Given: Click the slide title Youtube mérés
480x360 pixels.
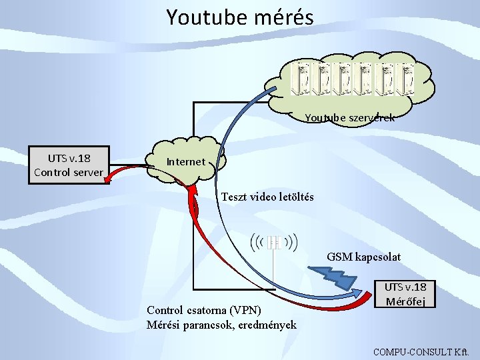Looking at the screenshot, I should [239, 17].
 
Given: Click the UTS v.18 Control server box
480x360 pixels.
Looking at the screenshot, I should [69, 165].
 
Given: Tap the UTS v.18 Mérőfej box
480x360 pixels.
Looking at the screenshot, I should [405, 294].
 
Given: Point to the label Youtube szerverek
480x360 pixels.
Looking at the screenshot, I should [349, 118].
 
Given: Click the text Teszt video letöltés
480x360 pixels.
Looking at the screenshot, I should [267, 197].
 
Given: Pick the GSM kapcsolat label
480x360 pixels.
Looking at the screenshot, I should [364, 257].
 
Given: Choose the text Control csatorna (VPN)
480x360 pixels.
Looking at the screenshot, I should [204, 310].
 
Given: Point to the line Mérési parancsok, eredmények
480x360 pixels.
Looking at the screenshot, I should [221, 325].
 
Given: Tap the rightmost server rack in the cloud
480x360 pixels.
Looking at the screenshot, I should [407, 79].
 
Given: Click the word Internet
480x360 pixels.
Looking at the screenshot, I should [186, 161].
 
